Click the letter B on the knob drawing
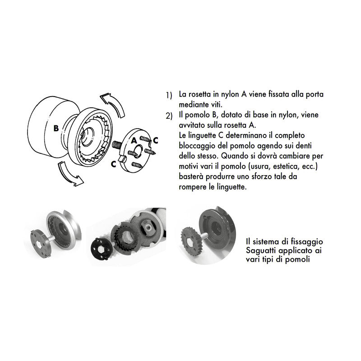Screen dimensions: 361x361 point(56,128)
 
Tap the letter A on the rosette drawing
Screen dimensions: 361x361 point(134,140)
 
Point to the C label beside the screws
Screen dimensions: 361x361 point(156,140)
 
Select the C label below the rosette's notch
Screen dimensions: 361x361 point(114,164)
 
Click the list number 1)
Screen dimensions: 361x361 point(169,96)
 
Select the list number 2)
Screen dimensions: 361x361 point(169,116)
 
